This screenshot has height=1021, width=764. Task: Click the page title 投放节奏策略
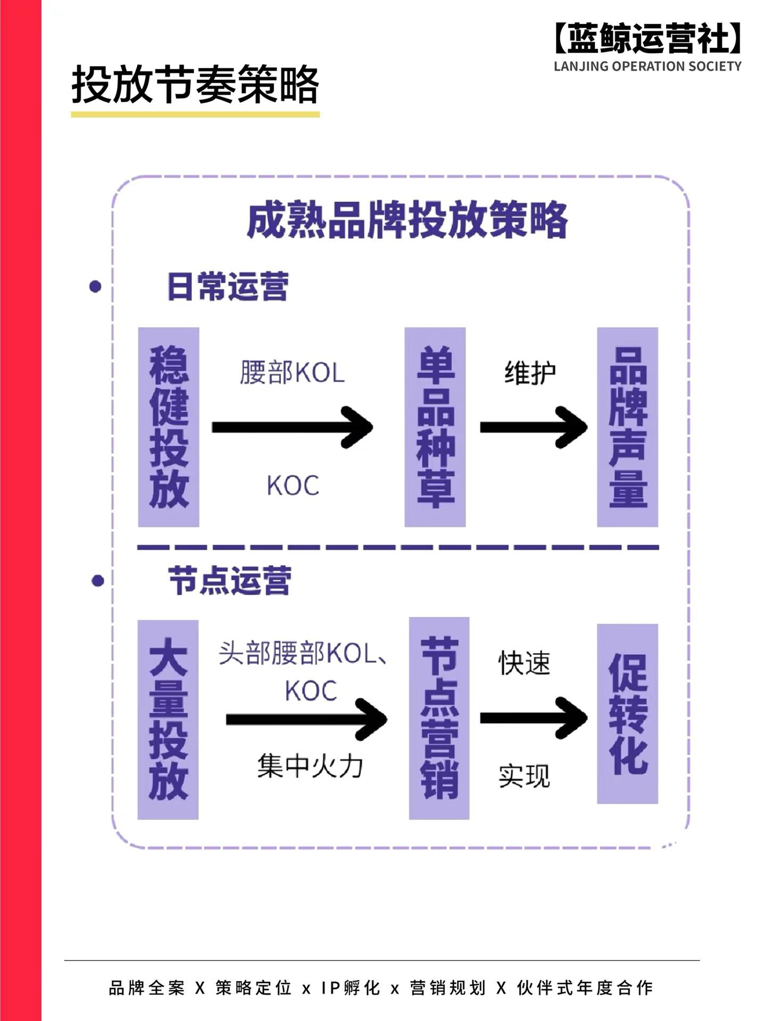195,85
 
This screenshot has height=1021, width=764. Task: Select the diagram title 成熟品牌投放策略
407,220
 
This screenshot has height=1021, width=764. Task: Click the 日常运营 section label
228,287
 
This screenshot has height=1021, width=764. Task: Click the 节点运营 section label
229,580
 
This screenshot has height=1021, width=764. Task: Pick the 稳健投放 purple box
169,427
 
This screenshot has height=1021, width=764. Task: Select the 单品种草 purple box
435,427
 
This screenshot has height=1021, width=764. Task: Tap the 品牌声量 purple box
627,427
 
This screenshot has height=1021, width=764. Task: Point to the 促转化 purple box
627,714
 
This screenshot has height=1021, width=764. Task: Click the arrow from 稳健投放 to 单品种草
292,427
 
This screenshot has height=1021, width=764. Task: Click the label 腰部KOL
292,372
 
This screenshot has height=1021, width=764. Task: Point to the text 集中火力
310,766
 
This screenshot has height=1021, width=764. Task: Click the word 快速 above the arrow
524,663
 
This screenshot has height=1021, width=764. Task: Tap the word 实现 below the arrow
524,776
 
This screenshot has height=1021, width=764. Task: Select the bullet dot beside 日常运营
96,287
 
